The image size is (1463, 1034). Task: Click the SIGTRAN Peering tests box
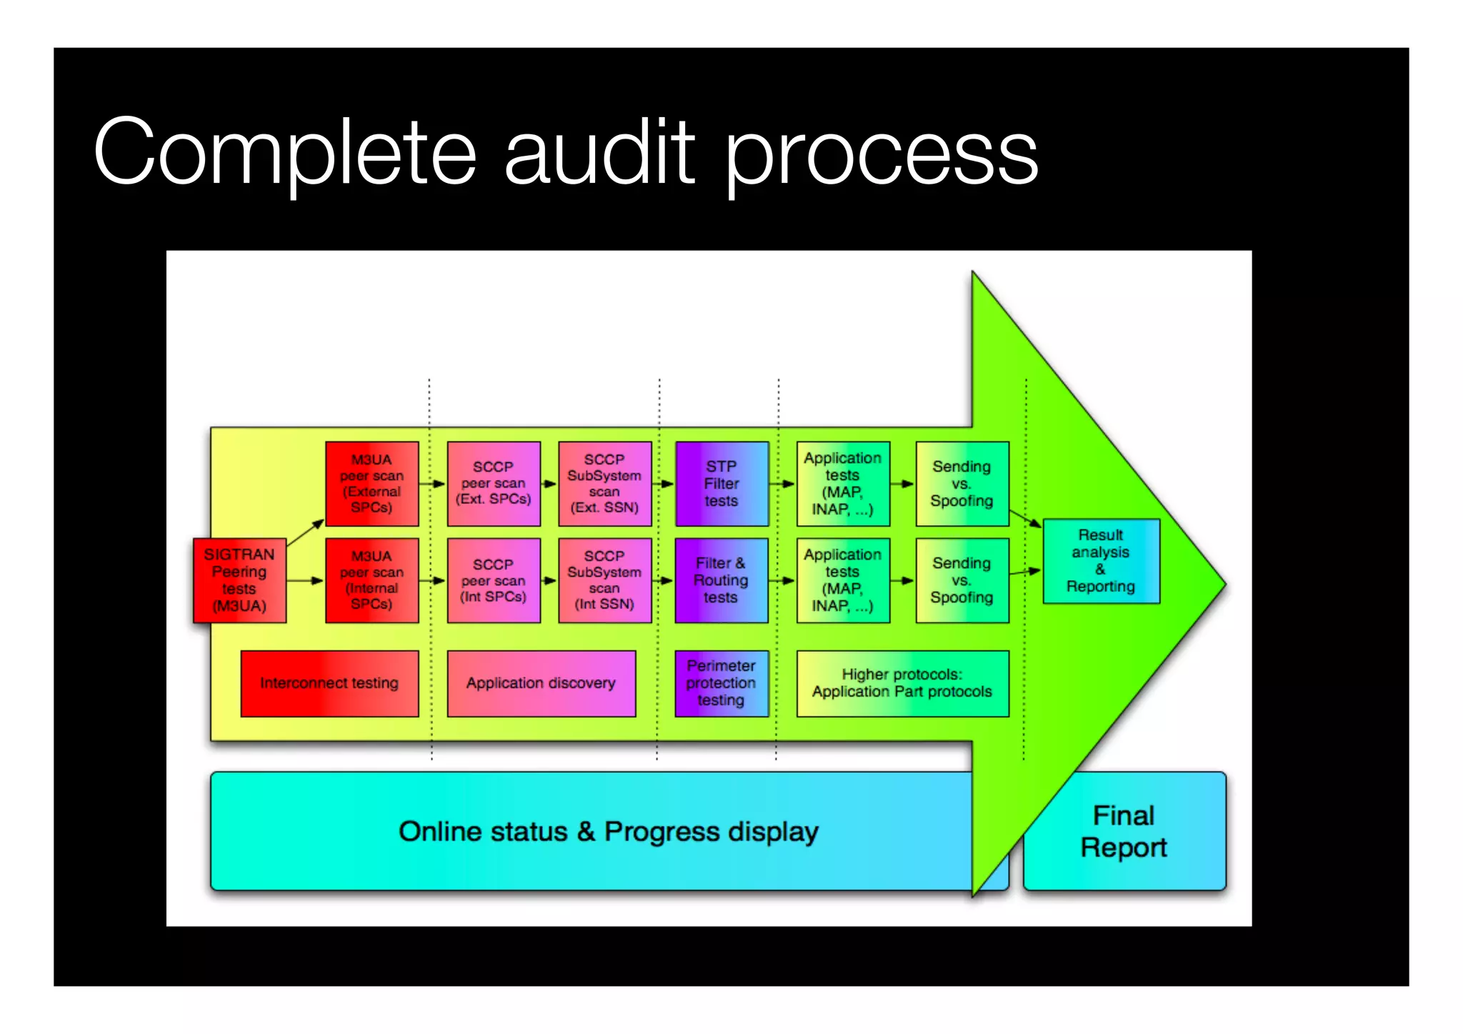pos(239,580)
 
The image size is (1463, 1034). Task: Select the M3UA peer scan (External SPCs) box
pos(371,484)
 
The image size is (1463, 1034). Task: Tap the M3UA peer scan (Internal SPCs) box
pos(371,580)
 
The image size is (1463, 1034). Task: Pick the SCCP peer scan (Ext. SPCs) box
pos(494,484)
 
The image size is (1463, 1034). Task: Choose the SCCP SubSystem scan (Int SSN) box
pos(604,580)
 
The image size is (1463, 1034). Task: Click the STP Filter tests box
pos(721,484)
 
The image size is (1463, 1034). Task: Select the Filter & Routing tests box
pos(721,580)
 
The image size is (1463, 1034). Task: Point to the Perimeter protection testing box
pos(721,683)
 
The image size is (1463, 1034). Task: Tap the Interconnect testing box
pos(329,683)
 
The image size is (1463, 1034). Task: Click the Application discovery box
pos(541,683)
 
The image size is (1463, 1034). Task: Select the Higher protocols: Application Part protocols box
pos(902,683)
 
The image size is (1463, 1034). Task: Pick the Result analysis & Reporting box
pos(1101,561)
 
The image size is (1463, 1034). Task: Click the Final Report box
pos(1124,831)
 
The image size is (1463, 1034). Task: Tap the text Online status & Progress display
pos(609,832)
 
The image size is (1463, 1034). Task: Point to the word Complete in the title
pos(284,152)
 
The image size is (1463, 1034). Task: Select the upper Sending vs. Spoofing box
pos(962,484)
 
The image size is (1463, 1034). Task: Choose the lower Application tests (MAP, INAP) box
pos(843,580)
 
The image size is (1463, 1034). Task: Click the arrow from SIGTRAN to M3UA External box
pos(306,533)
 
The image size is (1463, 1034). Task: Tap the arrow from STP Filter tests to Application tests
pos(782,484)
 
